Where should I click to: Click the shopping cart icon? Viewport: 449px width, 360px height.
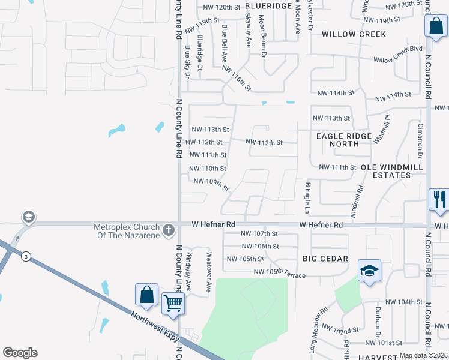pyautogui.click(x=173, y=304)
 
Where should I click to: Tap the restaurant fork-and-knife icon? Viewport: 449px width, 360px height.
pyautogui.click(x=439, y=199)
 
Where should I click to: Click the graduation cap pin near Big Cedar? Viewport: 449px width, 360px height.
pyautogui.click(x=369, y=270)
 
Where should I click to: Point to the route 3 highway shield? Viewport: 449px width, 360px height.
pyautogui.click(x=26, y=256)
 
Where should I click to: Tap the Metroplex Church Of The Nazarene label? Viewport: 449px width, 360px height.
pyautogui.click(x=127, y=230)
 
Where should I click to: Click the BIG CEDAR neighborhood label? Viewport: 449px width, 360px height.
pyautogui.click(x=325, y=259)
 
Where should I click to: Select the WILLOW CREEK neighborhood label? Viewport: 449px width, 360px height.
pyautogui.click(x=354, y=34)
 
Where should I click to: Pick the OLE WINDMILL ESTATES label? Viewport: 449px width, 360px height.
pyautogui.click(x=385, y=171)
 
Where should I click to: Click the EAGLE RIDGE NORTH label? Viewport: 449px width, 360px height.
pyautogui.click(x=344, y=140)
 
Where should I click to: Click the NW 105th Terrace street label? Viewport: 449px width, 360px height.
pyautogui.click(x=280, y=273)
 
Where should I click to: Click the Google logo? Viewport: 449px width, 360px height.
pyautogui.click(x=20, y=353)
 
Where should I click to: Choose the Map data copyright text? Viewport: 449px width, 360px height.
pyautogui.click(x=424, y=356)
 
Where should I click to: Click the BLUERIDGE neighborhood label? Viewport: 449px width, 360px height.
pyautogui.click(x=268, y=5)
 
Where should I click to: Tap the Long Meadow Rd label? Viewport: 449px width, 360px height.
pyautogui.click(x=319, y=322)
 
